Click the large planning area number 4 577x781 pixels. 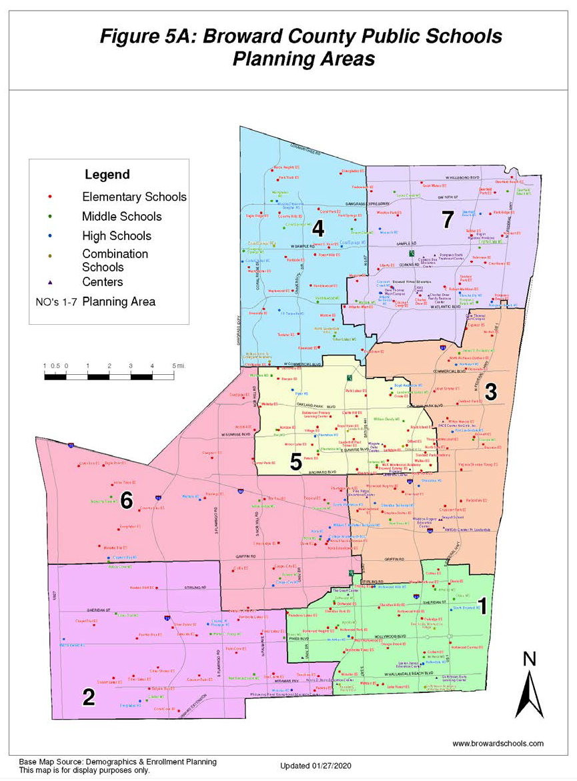coord(318,229)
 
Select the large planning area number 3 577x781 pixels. coord(490,393)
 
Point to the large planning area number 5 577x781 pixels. coord(295,462)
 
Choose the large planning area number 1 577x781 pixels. coord(484,605)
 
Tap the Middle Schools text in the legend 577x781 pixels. coord(121,217)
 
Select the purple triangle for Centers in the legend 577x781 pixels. coord(51,282)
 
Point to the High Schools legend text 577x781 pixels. coord(116,236)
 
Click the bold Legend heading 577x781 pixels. coord(107,175)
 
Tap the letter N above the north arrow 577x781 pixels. coord(529,660)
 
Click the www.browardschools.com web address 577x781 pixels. coord(498,744)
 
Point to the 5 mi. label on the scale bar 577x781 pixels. coord(177,366)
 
